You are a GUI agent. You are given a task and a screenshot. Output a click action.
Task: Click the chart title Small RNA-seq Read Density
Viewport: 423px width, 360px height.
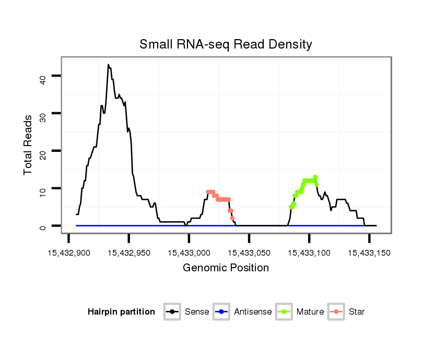(226, 44)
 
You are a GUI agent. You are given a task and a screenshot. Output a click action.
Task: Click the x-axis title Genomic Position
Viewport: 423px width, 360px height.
(226, 268)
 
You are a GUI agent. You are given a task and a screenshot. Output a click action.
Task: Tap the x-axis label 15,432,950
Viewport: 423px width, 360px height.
(129, 253)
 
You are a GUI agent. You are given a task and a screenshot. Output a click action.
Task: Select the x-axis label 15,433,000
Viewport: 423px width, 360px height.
(189, 253)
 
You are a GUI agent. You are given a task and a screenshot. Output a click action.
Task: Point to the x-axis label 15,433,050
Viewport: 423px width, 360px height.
(249, 253)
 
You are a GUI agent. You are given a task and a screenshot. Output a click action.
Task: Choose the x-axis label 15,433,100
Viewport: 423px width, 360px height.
(309, 253)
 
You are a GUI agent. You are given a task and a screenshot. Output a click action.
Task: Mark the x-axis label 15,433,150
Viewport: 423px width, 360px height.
(369, 253)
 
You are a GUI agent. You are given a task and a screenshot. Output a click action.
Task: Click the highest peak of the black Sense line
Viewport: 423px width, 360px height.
(108, 65)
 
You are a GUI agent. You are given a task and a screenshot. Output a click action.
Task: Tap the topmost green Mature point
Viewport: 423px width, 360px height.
(315, 177)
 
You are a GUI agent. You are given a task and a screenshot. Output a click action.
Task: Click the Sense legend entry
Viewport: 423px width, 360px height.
(188, 312)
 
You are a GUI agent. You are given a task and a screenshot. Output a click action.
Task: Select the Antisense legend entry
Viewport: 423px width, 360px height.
(242, 312)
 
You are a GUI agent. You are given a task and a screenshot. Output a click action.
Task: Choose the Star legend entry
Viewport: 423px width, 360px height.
(347, 312)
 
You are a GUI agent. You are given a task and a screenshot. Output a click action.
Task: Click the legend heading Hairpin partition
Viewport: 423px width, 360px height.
(121, 312)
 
